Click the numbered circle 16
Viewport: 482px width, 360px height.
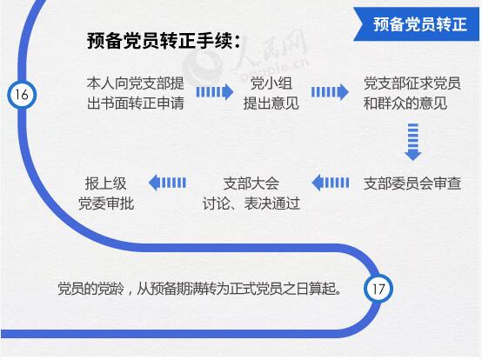(22, 95)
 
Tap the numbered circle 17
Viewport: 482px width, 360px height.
(378, 289)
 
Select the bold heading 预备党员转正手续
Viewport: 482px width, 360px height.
(164, 41)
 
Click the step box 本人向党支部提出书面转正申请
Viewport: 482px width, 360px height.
(135, 93)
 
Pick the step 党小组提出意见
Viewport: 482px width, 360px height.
(271, 93)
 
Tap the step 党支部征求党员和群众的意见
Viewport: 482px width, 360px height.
(412, 93)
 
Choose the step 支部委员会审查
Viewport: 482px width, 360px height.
(412, 183)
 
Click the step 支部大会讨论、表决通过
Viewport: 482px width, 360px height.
(251, 194)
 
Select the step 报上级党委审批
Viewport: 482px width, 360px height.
(106, 194)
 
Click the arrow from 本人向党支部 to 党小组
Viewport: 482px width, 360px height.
(215, 92)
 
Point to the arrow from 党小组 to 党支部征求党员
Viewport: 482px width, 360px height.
(330, 92)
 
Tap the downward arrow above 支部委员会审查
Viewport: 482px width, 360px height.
(413, 142)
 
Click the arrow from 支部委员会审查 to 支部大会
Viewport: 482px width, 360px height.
(331, 183)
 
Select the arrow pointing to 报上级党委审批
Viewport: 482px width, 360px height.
(167, 183)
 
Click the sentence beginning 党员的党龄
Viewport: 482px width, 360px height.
(199, 289)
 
